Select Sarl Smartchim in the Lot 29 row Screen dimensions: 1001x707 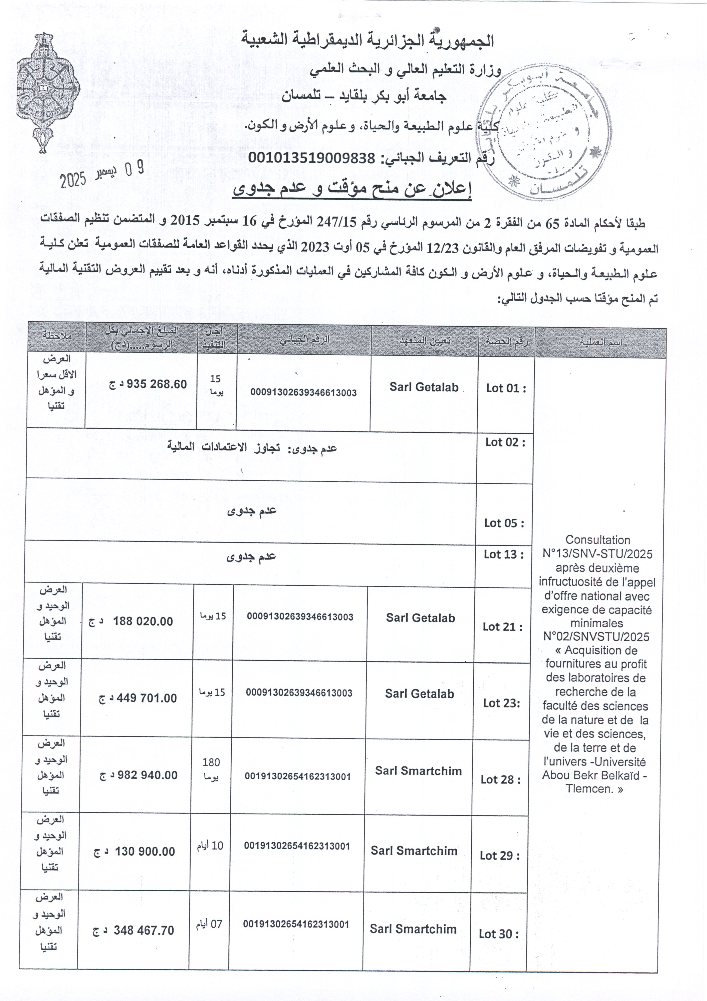click(x=414, y=851)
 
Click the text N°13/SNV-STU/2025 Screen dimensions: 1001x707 click(x=597, y=554)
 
